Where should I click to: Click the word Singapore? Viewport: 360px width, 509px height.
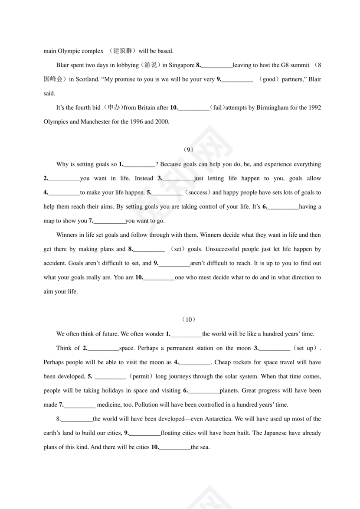pos(182,65)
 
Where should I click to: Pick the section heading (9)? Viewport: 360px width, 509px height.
pos(188,150)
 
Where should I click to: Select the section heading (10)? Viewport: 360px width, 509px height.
pos(188,320)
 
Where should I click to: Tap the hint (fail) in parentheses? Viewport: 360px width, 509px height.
pos(216,108)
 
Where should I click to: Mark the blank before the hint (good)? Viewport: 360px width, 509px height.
pos(237,80)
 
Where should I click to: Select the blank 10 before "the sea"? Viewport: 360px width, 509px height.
pos(175,447)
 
